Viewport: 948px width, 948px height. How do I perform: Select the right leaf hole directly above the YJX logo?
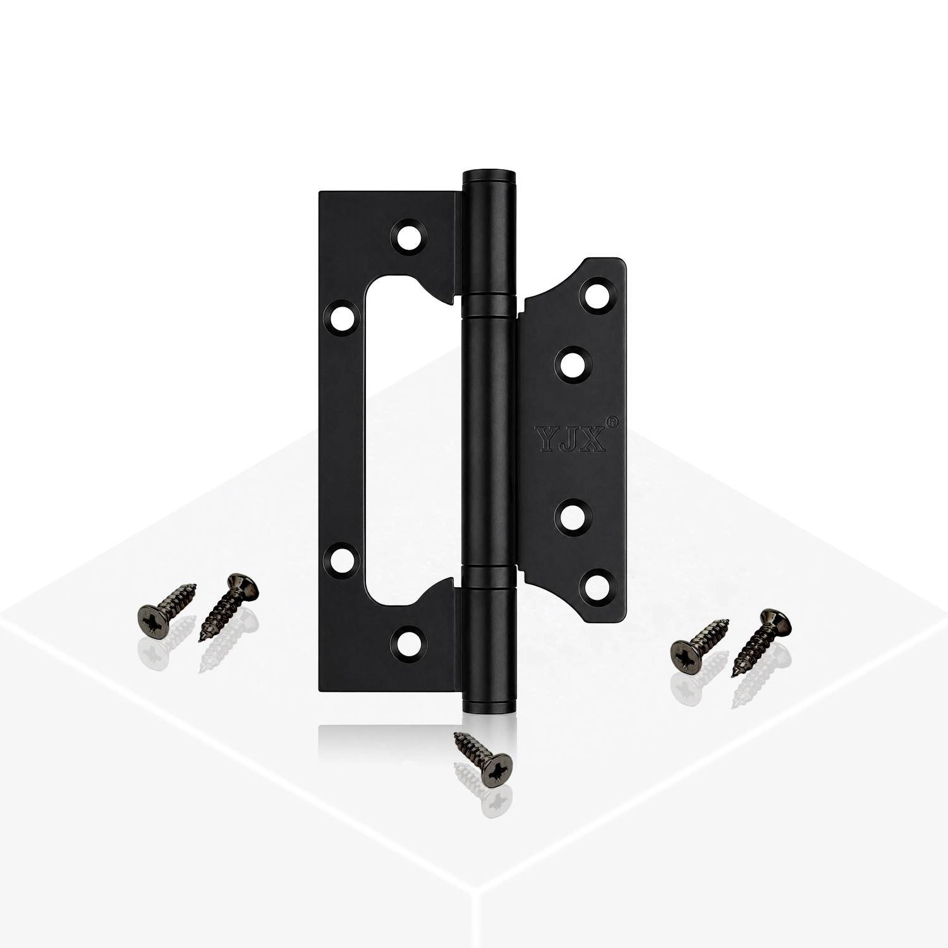[x=574, y=365]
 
